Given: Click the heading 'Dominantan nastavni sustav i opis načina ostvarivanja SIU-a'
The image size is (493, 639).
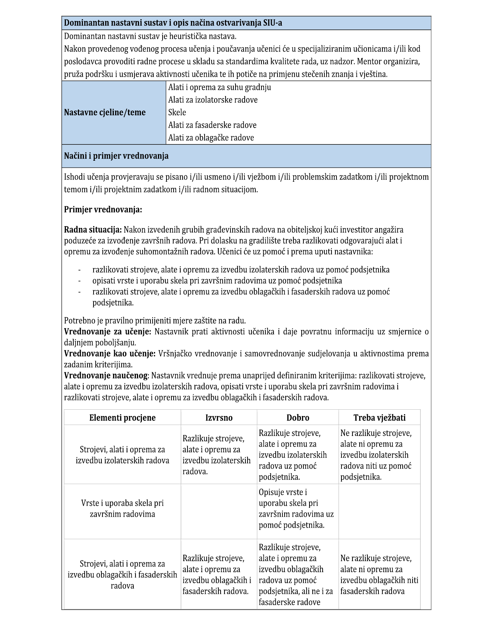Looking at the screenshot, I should [173, 23].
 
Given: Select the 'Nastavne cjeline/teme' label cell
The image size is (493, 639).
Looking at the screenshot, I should [105, 113].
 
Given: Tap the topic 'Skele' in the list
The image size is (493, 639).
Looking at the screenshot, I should [177, 113].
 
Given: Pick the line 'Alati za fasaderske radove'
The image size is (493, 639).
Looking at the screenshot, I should [212, 125].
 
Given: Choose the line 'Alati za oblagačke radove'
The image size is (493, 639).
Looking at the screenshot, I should [211, 138].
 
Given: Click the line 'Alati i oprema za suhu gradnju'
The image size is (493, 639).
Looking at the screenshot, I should [219, 87].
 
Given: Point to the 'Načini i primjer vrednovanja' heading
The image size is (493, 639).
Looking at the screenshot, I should [116, 156].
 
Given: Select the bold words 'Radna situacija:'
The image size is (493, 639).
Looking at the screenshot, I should [93, 230].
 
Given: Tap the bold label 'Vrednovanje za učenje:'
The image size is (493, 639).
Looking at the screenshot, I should [107, 332].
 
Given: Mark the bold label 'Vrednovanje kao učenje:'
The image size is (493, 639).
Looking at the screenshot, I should [110, 354].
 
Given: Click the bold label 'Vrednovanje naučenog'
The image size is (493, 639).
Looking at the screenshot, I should [106, 376].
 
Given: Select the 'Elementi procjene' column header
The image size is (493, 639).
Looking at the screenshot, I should [122, 418].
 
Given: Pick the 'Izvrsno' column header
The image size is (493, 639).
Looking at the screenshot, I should [219, 418].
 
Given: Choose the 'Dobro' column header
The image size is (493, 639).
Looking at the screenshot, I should [298, 418].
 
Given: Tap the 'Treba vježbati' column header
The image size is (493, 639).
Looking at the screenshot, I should [379, 418].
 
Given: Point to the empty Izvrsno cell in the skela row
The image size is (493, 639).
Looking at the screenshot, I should [219, 511].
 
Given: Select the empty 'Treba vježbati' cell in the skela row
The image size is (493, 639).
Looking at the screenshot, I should [379, 511].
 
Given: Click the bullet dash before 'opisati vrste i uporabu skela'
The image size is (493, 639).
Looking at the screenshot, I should [79, 281].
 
